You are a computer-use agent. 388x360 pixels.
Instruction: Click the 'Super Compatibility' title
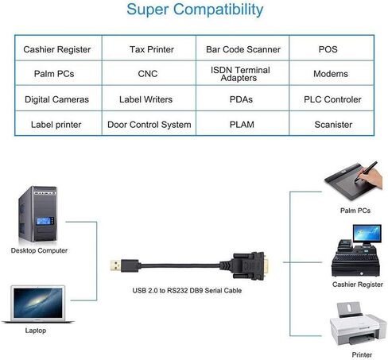click(x=195, y=10)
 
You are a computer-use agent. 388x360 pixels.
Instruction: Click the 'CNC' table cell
click(x=148, y=74)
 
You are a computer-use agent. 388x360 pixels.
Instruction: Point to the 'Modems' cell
click(x=331, y=74)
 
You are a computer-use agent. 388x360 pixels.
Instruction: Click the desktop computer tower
click(x=38, y=214)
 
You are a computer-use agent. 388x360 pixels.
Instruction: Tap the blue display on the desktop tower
click(x=44, y=221)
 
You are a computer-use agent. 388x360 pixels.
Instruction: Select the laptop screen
click(x=38, y=303)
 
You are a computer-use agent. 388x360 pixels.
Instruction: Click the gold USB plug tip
click(x=116, y=265)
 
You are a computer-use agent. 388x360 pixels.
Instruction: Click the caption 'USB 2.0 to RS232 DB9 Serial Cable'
click(x=187, y=291)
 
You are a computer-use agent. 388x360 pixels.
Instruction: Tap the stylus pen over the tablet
click(x=366, y=172)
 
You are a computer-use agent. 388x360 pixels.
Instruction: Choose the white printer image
click(x=358, y=324)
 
